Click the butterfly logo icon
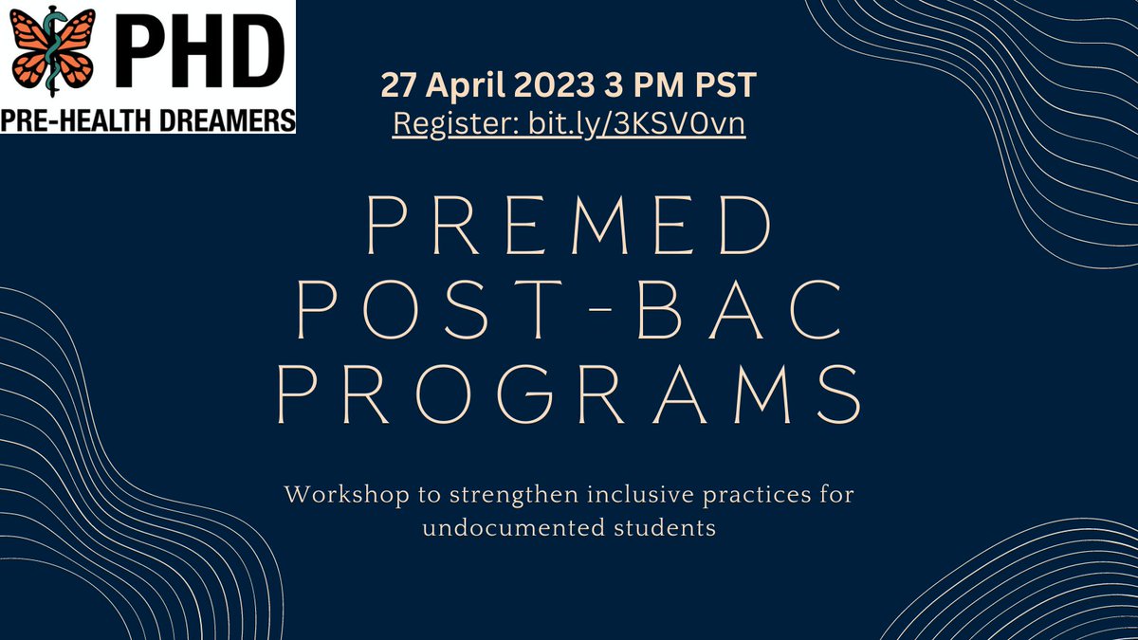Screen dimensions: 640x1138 52,51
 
